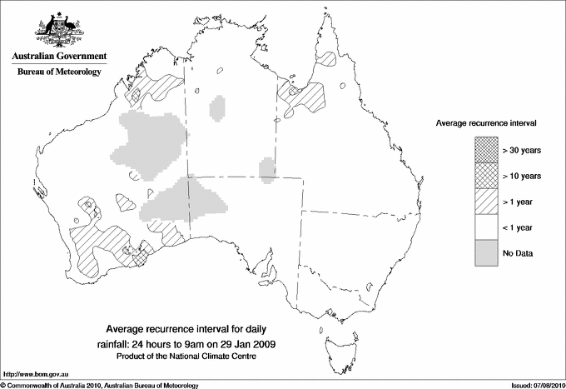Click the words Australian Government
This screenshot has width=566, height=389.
tap(59, 57)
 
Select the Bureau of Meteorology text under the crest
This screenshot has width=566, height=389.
tap(59, 72)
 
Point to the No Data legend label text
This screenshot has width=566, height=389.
tap(518, 252)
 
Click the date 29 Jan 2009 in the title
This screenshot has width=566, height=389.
tap(251, 343)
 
